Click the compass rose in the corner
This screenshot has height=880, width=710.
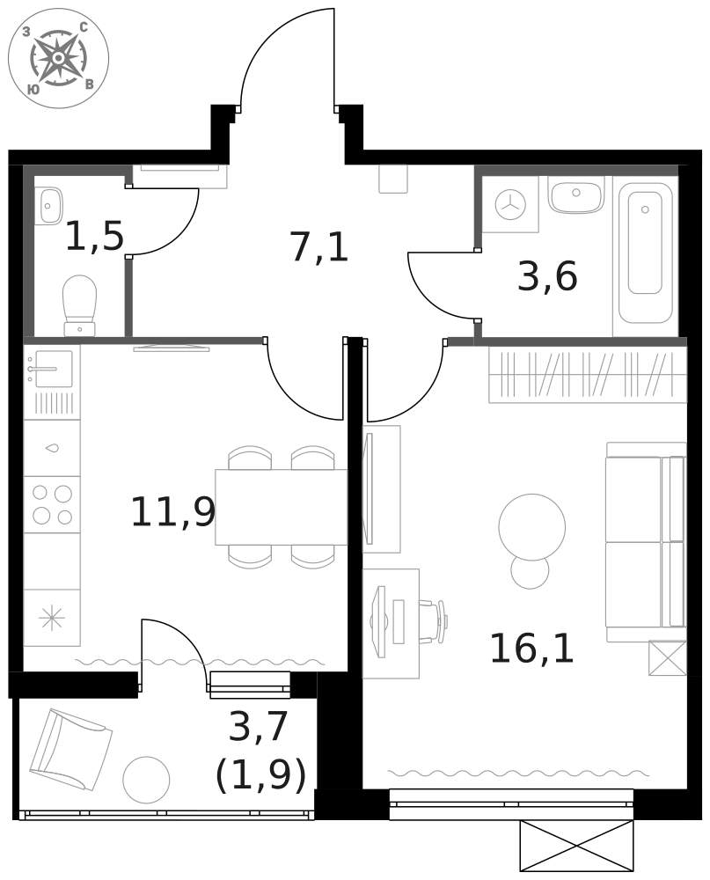click(58, 58)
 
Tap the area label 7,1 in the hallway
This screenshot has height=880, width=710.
click(318, 248)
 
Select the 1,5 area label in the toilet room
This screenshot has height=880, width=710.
click(94, 237)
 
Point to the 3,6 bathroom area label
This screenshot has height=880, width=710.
click(546, 277)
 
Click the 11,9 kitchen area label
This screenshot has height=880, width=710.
click(172, 512)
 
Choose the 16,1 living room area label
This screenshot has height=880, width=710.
click(531, 649)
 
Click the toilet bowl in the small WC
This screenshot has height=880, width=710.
click(79, 304)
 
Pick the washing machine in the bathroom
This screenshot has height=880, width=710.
click(509, 205)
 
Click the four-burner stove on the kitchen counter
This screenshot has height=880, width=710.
click(52, 504)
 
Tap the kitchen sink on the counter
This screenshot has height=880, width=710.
click(52, 370)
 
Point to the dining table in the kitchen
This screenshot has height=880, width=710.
click(281, 507)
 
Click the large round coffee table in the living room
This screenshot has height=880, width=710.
click(531, 526)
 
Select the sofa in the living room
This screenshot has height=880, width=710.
click(645, 542)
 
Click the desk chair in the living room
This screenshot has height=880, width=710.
click(434, 621)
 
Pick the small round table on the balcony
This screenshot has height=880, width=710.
click(146, 779)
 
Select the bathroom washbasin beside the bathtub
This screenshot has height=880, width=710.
click(575, 194)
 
